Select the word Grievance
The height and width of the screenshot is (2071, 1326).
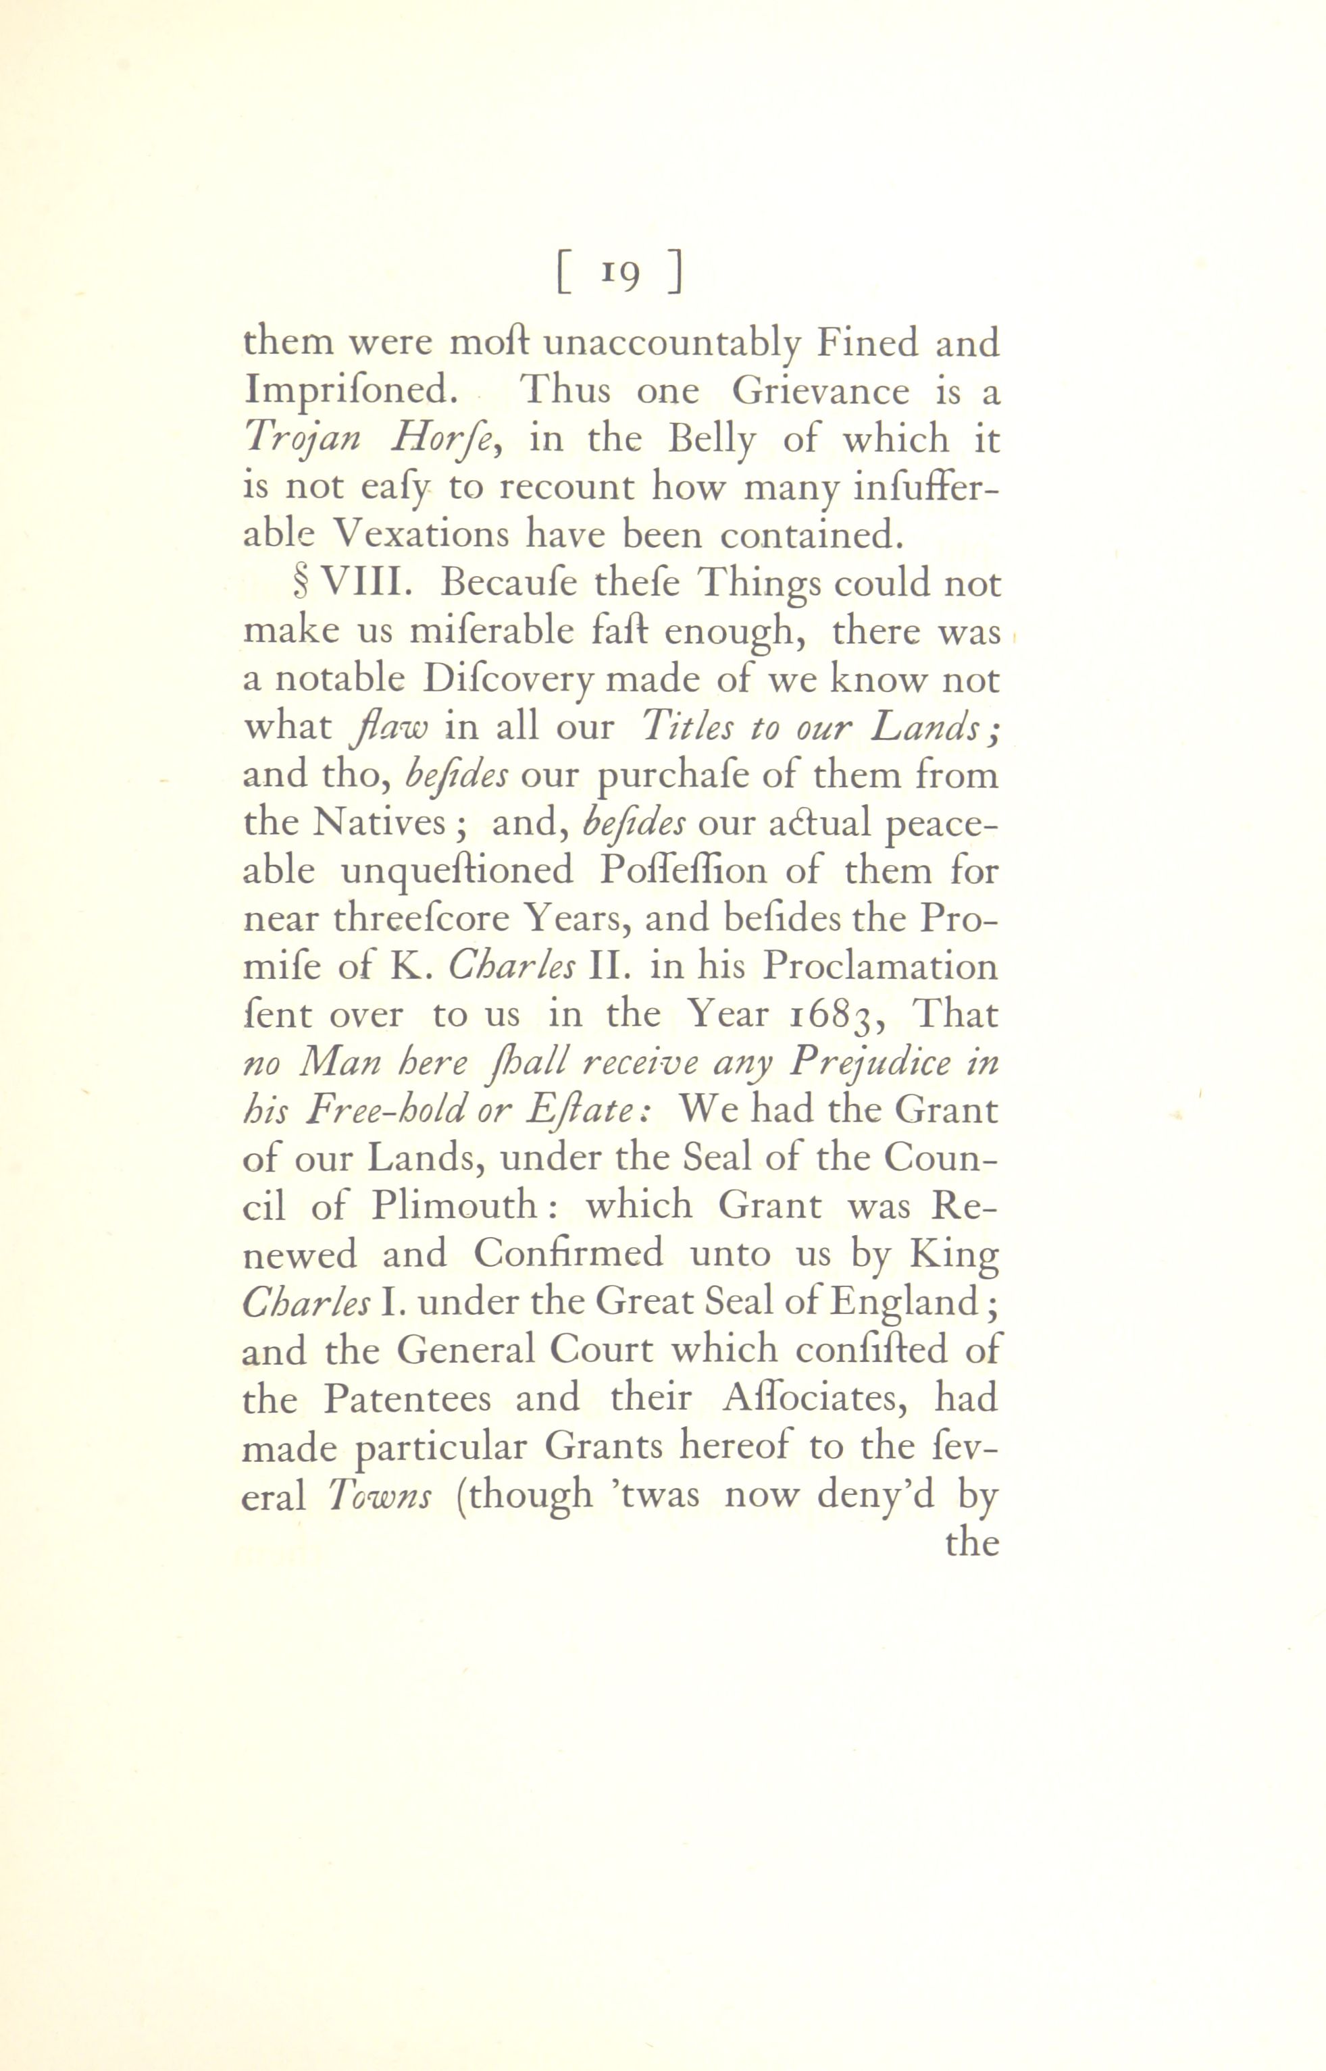click(x=821, y=392)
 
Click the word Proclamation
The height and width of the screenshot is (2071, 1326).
click(x=880, y=967)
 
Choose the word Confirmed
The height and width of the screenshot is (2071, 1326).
click(x=568, y=1254)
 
